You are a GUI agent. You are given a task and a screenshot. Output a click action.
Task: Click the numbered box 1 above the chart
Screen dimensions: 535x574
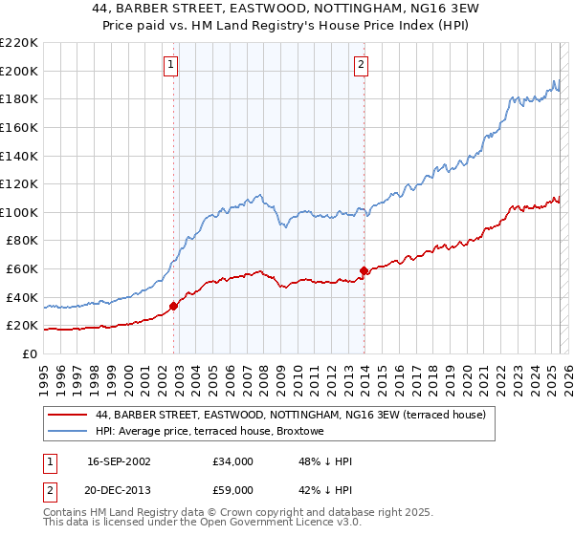click(170, 65)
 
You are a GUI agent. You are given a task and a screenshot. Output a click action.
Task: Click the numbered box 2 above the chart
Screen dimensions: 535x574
click(362, 65)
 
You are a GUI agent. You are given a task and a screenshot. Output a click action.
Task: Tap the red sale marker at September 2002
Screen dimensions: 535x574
click(173, 307)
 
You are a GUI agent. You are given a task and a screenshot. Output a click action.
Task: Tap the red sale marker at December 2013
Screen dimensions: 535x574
click(364, 270)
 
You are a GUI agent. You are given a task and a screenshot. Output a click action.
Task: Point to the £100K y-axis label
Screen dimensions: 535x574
click(19, 212)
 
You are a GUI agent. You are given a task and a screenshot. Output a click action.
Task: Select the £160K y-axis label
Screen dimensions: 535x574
click(19, 127)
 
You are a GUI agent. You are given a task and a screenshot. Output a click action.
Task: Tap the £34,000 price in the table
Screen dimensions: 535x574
click(233, 461)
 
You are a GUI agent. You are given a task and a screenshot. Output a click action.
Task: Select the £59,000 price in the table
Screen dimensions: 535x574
click(233, 490)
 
